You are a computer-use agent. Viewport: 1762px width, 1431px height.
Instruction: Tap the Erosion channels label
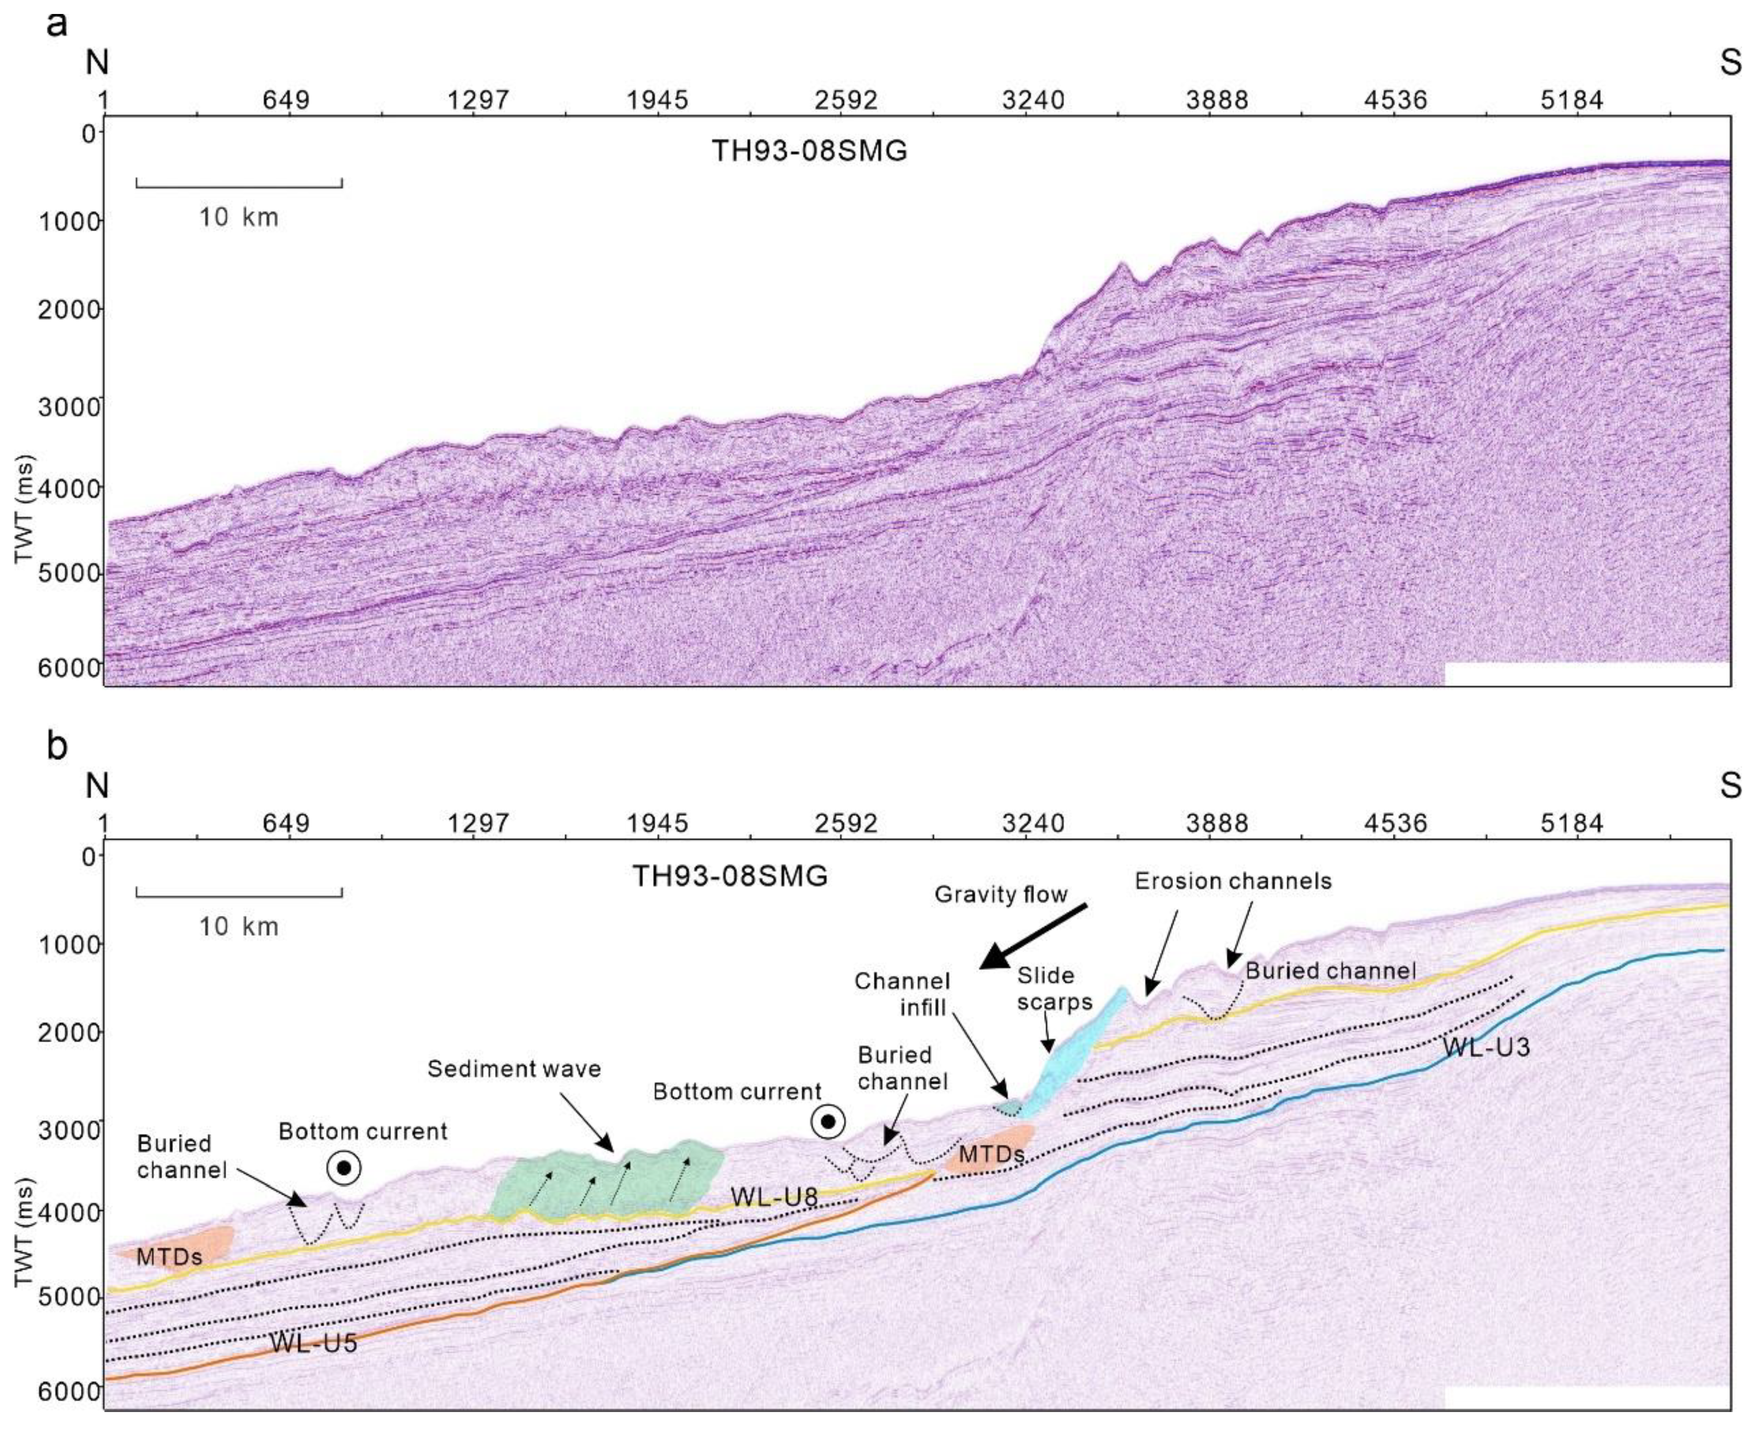pos(1233,881)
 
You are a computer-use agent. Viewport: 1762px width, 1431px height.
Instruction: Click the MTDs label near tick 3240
pos(992,1154)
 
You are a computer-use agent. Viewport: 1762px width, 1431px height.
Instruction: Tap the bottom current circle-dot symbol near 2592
pos(828,1122)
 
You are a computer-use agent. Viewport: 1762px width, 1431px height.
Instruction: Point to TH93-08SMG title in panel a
pos(809,151)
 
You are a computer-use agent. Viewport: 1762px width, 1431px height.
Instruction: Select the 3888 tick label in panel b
pos(1217,823)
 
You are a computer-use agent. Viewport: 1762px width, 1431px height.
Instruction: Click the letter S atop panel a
pos(1730,63)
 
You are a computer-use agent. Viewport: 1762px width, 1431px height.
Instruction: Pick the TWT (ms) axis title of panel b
pos(25,1232)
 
